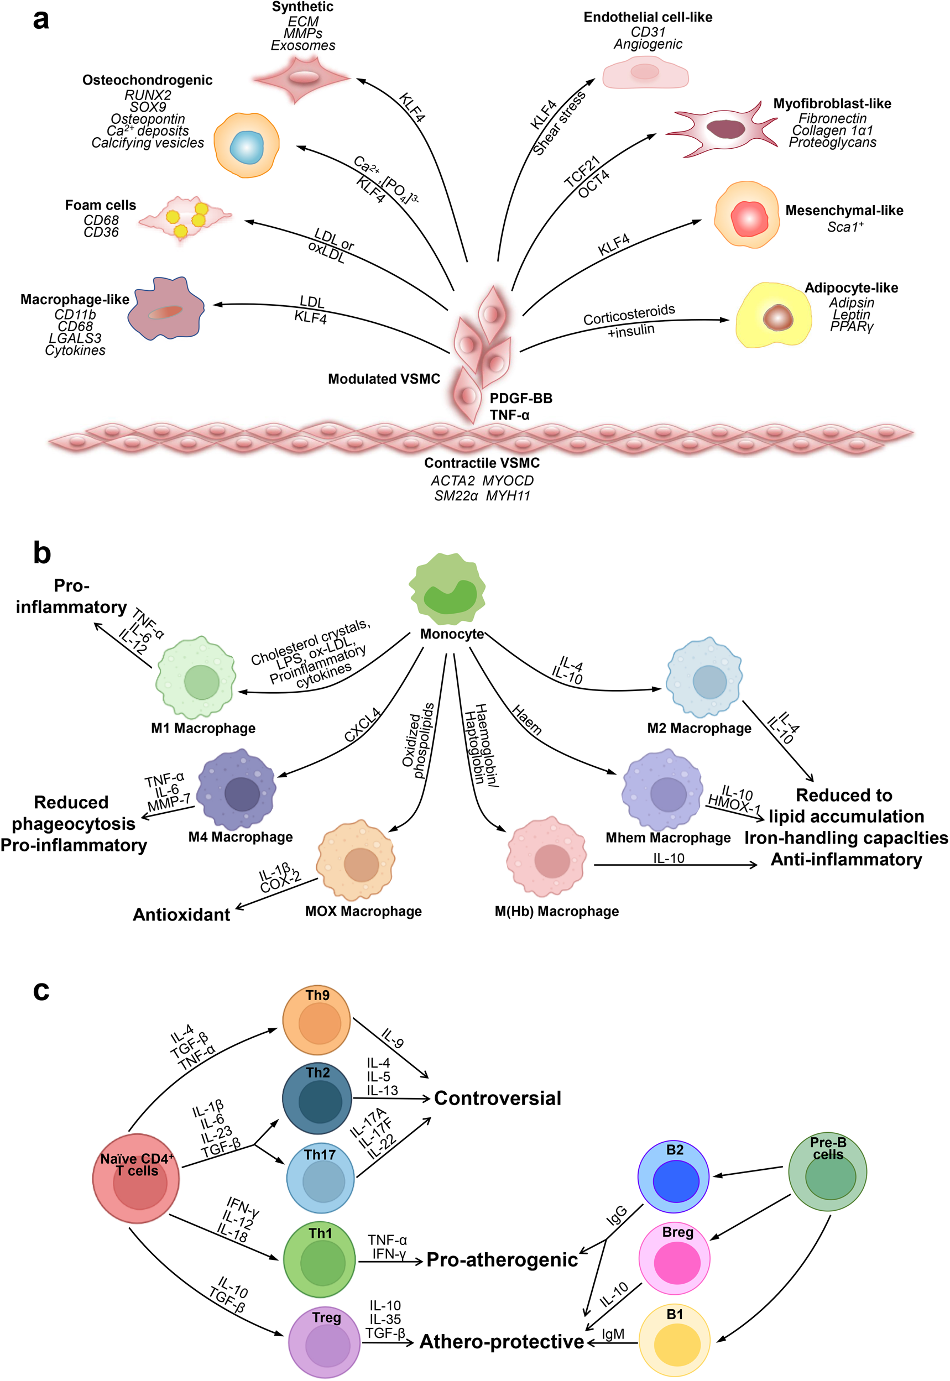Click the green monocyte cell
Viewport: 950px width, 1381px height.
[447, 589]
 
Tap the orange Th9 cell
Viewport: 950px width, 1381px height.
[316, 1020]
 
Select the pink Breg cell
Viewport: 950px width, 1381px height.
[675, 1258]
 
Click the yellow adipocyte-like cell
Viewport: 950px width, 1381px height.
[773, 316]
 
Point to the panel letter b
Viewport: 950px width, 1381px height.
[41, 553]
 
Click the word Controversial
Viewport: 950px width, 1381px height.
[497, 1098]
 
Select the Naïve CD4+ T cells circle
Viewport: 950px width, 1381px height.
[135, 1178]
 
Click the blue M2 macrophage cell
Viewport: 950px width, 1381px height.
[704, 678]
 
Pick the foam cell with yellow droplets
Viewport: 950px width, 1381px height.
[185, 219]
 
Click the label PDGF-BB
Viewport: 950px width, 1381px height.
[521, 398]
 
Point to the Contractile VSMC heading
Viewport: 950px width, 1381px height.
[482, 463]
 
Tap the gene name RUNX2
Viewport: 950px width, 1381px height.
[148, 95]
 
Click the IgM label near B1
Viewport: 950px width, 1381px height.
[613, 1334]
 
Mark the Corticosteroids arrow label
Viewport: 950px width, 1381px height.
[629, 315]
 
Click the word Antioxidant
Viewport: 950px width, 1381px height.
[181, 914]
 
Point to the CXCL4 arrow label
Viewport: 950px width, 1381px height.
[363, 725]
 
